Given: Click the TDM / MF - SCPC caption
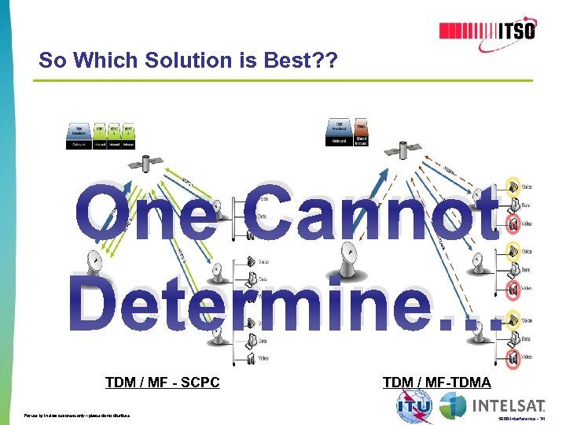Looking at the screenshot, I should [162, 382].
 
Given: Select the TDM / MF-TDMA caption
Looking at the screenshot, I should [436, 382].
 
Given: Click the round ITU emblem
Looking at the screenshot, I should [413, 406].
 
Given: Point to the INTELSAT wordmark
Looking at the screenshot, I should [508, 406].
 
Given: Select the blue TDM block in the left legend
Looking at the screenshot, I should [80, 130].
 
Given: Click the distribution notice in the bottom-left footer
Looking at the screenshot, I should [77, 415].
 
